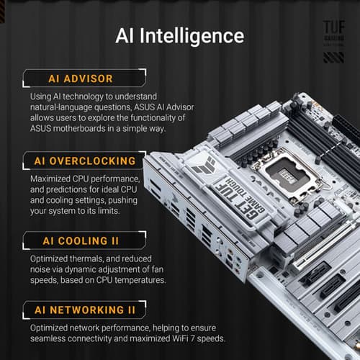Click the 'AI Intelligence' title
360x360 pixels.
180,36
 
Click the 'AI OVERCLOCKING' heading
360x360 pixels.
84,160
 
